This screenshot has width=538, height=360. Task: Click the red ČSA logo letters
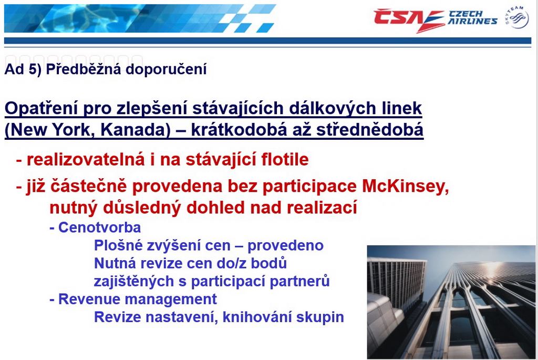point(408,19)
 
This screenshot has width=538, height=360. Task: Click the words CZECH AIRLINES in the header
point(472,17)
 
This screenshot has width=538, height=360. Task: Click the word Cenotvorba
point(99,228)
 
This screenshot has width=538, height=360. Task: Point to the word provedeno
point(285,246)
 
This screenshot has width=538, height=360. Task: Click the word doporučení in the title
point(166,70)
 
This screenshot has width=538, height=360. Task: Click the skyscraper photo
point(451,302)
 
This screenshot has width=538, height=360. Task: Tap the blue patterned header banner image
point(140,18)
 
